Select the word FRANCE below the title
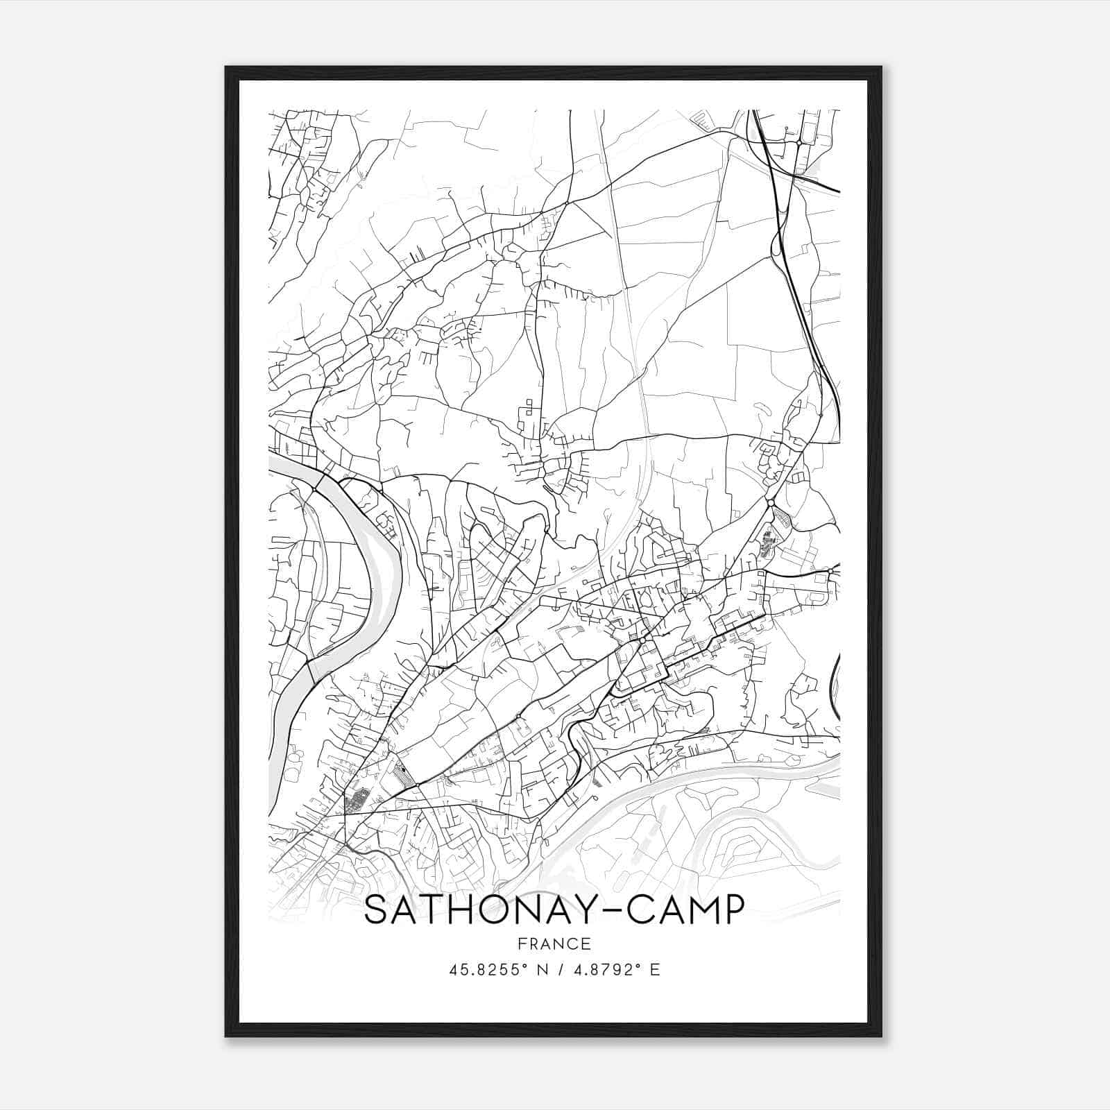point(554,943)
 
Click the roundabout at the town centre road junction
point(644,638)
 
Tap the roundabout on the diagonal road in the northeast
point(770,502)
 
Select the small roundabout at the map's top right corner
point(799,142)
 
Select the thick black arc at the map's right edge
point(835,676)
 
